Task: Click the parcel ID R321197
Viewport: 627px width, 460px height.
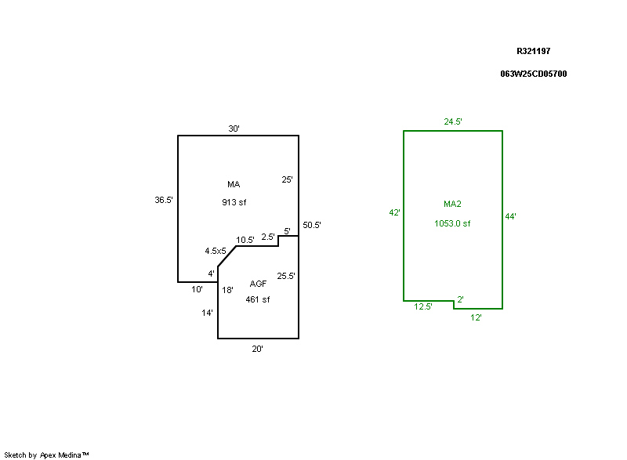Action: click(x=534, y=51)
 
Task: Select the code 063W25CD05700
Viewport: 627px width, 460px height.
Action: click(x=534, y=74)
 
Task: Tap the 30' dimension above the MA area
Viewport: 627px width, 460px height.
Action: click(x=234, y=129)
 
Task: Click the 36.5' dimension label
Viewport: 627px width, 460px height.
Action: click(x=163, y=200)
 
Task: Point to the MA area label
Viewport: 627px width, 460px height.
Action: click(x=234, y=185)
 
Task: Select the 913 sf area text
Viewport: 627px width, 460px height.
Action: click(x=234, y=202)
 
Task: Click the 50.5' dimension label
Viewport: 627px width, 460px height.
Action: click(x=312, y=226)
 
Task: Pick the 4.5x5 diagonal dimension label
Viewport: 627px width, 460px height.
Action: click(x=216, y=251)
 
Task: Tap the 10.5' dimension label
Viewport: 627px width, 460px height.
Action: click(x=245, y=240)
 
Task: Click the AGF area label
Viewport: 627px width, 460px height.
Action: click(x=258, y=284)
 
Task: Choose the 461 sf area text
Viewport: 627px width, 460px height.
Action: click(x=258, y=299)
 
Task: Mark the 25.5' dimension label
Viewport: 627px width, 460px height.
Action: click(x=286, y=276)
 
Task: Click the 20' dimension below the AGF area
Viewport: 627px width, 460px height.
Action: click(x=257, y=350)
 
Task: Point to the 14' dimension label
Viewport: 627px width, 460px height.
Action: click(x=208, y=313)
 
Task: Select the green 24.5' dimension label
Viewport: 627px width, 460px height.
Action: click(x=453, y=121)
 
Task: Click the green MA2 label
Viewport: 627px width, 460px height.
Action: click(x=452, y=205)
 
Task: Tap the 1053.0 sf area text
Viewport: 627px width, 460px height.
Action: click(x=452, y=223)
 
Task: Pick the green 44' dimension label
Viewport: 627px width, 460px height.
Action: click(x=510, y=217)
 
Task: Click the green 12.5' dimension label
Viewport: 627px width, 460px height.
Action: click(x=423, y=307)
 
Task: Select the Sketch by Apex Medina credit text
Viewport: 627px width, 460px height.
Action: click(x=47, y=455)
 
